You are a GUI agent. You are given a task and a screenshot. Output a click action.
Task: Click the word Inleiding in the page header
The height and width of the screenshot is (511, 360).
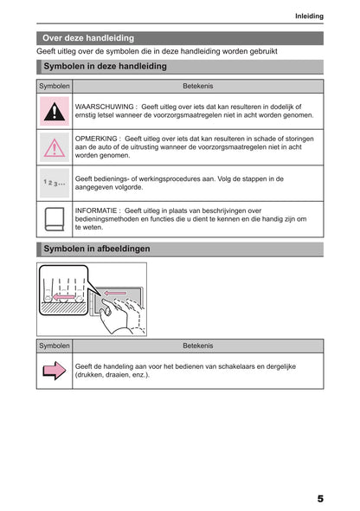[x=309, y=16]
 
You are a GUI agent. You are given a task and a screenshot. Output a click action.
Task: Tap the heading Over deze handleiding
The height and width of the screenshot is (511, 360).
[x=88, y=38]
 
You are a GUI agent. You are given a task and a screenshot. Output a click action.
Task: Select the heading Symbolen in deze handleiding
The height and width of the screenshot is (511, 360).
[x=105, y=66]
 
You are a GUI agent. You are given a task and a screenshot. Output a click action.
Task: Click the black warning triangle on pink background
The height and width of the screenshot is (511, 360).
[x=55, y=112]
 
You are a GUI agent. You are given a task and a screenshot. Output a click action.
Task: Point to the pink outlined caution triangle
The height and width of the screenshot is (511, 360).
[x=55, y=148]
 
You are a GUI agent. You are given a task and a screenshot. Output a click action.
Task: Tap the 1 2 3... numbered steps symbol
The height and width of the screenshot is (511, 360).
[x=55, y=183]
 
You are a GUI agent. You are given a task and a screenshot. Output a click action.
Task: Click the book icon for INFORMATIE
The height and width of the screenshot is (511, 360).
[x=55, y=219]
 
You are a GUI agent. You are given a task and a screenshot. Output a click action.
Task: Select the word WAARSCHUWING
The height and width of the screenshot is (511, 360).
[x=104, y=107]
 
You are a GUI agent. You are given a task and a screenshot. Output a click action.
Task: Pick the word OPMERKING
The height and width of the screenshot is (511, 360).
[x=96, y=139]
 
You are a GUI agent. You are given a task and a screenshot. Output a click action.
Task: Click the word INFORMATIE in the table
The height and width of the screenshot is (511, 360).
[x=96, y=210]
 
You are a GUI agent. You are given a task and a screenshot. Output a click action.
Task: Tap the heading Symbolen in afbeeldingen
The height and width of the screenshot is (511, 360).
[x=97, y=249]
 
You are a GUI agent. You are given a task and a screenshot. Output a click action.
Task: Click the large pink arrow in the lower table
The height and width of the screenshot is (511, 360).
[x=55, y=371]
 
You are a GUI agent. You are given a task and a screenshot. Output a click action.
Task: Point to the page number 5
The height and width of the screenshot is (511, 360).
[x=320, y=499]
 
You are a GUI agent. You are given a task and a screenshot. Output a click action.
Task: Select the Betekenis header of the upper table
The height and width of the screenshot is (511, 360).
[x=198, y=86]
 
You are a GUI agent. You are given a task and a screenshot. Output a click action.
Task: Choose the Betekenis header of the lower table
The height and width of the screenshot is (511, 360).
[x=198, y=346]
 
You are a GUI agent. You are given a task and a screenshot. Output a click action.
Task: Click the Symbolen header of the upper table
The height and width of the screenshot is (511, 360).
[x=55, y=86]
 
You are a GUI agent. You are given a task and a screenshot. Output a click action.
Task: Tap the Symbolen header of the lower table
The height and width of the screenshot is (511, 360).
[x=55, y=346]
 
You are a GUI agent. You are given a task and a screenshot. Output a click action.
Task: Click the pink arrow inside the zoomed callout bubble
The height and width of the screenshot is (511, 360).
[x=64, y=297]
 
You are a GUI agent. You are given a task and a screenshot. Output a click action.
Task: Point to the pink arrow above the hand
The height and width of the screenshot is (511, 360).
[x=115, y=294]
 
